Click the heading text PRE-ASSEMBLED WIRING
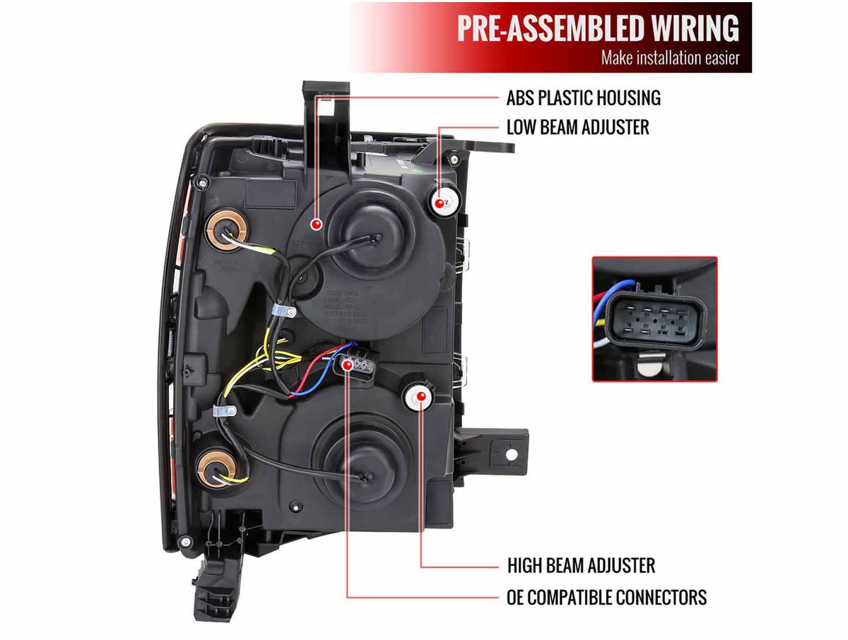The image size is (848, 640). (598, 28)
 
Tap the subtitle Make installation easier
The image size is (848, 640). (670, 58)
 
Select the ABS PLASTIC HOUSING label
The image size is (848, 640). (583, 97)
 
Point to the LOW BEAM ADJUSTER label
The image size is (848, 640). (577, 127)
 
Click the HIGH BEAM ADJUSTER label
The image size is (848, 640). (581, 565)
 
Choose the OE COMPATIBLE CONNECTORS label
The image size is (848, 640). (606, 597)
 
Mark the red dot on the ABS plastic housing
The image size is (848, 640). (316, 224)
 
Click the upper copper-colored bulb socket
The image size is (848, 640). (225, 230)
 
